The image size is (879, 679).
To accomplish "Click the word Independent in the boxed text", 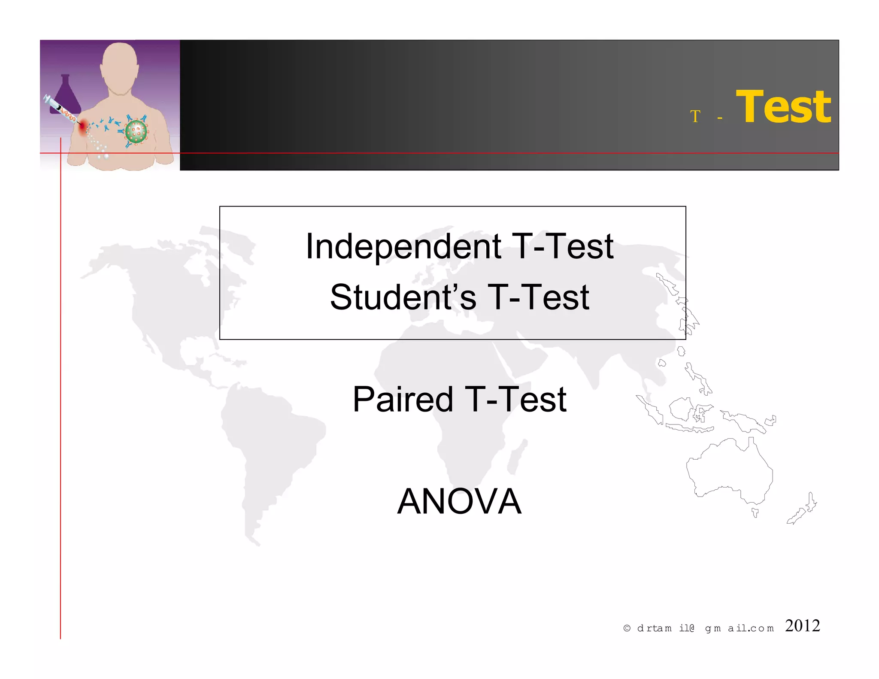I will point(403,247).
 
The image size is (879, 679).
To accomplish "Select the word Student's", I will point(403,297).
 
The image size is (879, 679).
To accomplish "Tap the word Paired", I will point(403,400).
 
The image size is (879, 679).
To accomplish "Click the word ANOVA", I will point(459,501).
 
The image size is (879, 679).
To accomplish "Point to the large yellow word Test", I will point(783,107).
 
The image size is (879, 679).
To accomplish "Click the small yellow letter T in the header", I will point(695,116).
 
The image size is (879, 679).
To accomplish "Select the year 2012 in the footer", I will point(802,626).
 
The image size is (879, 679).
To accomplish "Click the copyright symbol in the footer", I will point(627,628).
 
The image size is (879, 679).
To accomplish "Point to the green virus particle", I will point(136,131).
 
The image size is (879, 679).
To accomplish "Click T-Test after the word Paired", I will point(515,400).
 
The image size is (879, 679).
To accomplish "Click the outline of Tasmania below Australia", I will point(755,512).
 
